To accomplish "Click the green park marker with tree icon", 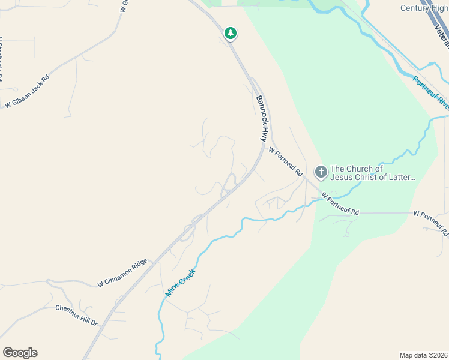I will point(230,34).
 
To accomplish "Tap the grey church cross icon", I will point(321,173).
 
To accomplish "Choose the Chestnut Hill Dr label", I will point(76,315).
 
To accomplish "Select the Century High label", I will point(424,8).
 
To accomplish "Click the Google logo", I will point(20,352).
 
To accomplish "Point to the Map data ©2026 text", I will point(423,355).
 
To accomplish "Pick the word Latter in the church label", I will point(400,178).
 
